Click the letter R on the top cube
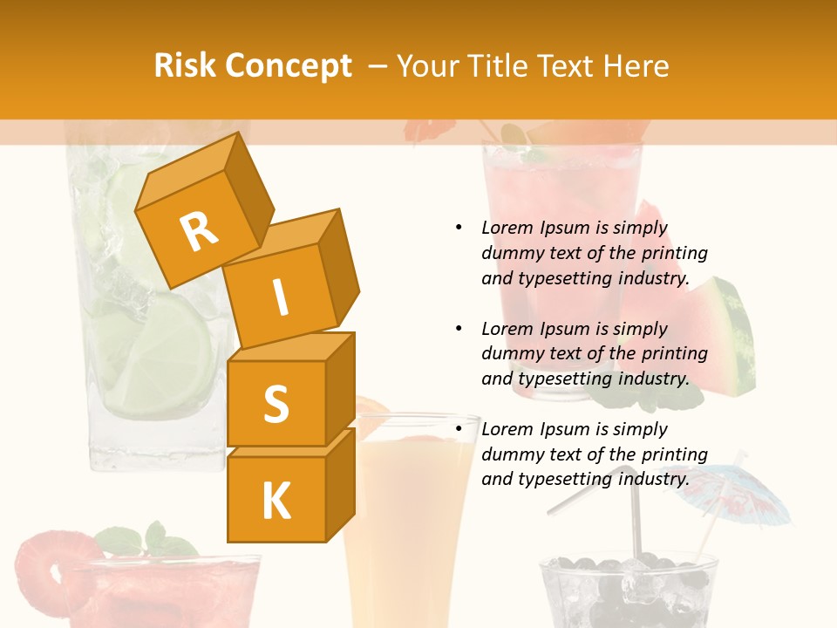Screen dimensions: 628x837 tap(199, 231)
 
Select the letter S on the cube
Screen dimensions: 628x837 tap(276, 404)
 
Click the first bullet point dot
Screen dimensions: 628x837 tap(459, 228)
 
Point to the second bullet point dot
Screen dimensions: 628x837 tap(459, 329)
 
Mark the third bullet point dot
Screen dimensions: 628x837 tap(459, 429)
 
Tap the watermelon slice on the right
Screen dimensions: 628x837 tap(724, 336)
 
